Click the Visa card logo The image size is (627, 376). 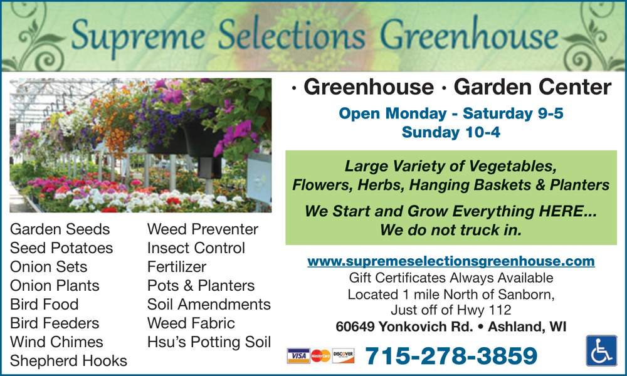click(298, 355)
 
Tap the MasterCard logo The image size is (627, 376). click(320, 355)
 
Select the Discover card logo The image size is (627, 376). click(343, 355)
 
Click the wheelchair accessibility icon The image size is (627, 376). click(601, 350)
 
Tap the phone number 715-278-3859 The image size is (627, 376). click(451, 355)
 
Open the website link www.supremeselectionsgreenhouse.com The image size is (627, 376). click(451, 261)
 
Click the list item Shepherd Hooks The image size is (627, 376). click(68, 361)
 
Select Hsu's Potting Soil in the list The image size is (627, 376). click(209, 342)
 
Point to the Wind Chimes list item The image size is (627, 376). click(56, 342)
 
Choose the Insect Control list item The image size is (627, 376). click(196, 248)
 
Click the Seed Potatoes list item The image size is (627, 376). click(61, 248)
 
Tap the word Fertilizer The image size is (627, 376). click(177, 267)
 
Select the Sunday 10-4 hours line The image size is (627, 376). click(451, 132)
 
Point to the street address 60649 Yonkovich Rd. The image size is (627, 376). click(404, 326)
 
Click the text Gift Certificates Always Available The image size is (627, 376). click(451, 278)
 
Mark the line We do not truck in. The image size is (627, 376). click(451, 230)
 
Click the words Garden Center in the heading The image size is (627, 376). click(532, 87)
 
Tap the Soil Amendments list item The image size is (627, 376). click(209, 305)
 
